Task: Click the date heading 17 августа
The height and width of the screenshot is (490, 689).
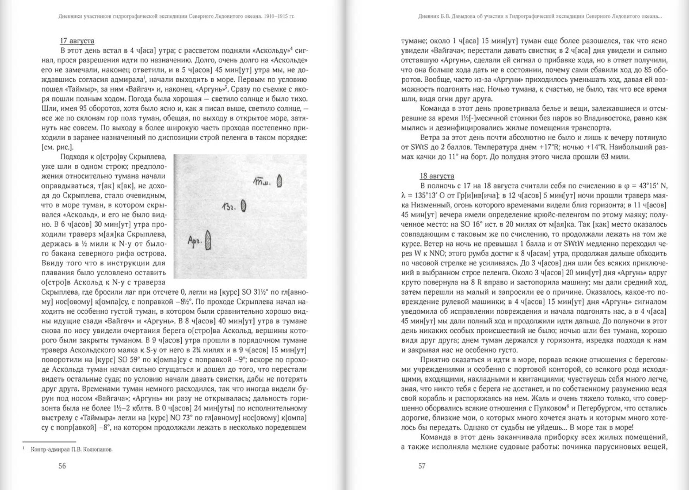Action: (77, 41)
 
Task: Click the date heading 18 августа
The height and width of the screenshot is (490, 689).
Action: (437, 176)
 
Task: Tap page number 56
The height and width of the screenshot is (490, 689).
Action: (62, 466)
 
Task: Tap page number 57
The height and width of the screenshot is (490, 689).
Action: (422, 466)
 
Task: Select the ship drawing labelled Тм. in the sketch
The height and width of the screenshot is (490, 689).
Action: (279, 181)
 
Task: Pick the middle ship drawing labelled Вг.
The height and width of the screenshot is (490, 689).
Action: (243, 206)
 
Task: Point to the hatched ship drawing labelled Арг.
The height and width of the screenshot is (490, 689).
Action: (208, 240)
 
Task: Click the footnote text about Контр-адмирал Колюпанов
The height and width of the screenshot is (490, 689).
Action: (72, 450)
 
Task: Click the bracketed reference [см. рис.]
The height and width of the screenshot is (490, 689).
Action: (57, 147)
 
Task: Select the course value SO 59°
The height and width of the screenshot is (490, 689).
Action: (123, 360)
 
